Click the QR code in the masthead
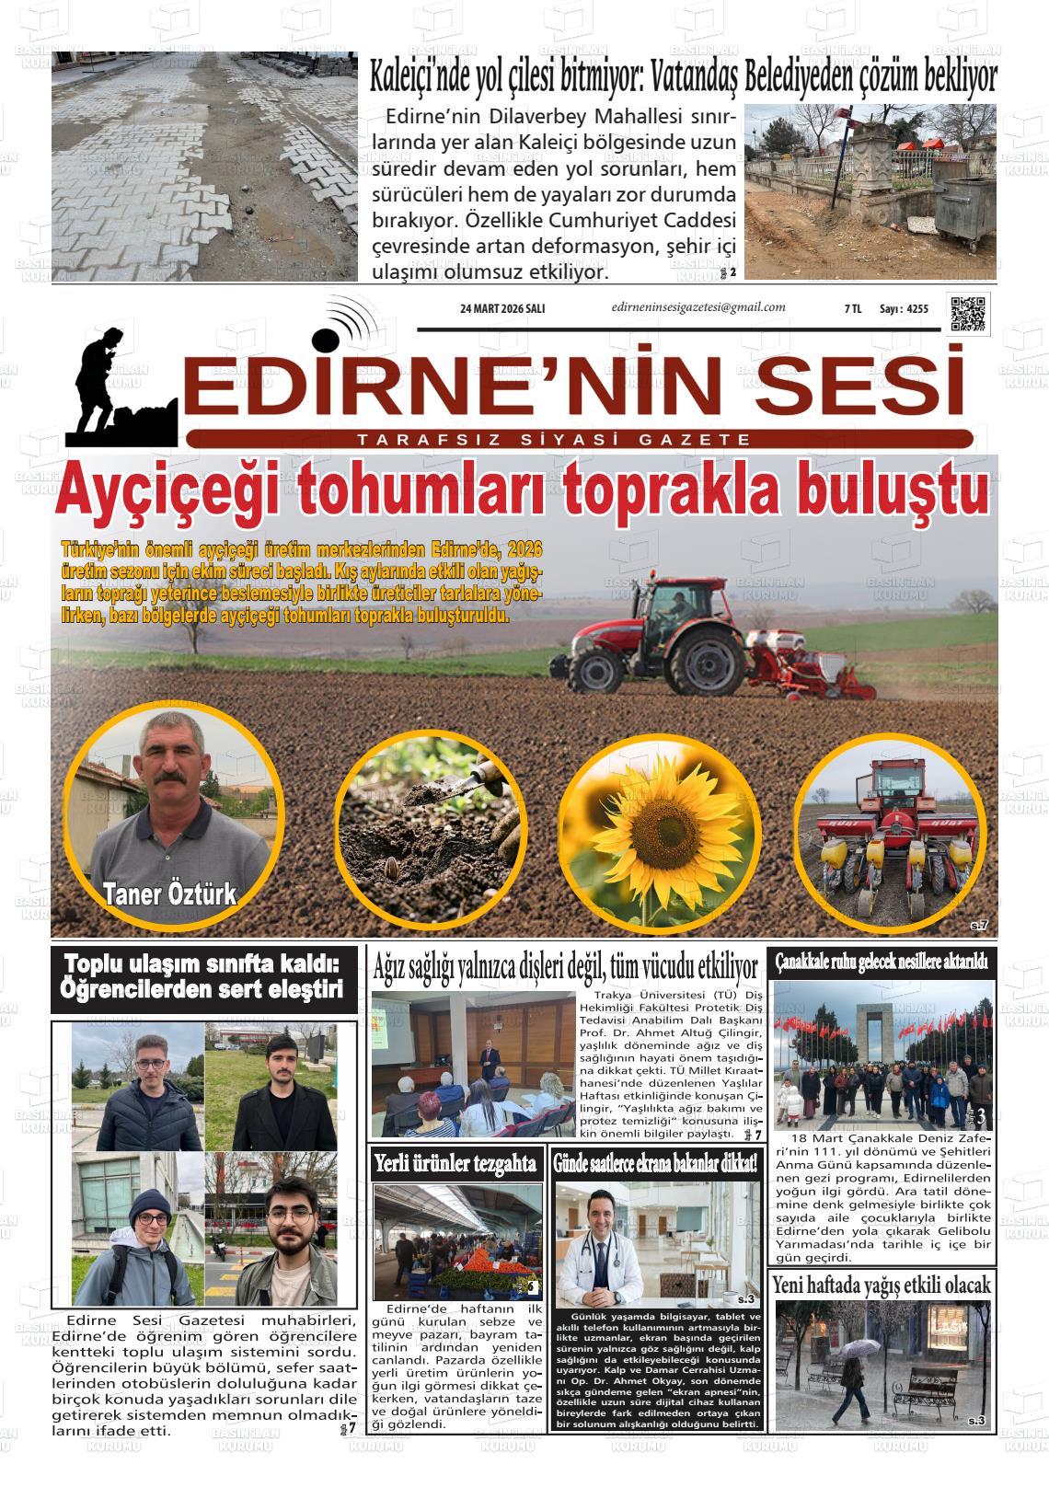[x=967, y=313]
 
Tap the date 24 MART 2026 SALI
[x=502, y=309]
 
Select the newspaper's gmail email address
[x=697, y=307]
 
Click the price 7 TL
[x=852, y=310]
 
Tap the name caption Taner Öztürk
[x=169, y=893]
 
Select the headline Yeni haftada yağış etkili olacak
[x=882, y=1285]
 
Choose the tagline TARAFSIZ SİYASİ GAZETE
[x=555, y=441]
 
